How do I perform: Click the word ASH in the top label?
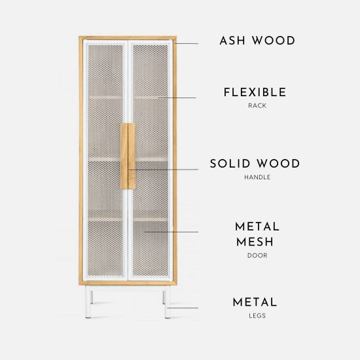click(x=232, y=41)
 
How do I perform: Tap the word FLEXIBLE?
click(x=255, y=92)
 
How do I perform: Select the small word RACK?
click(x=257, y=105)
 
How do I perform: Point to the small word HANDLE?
click(x=257, y=177)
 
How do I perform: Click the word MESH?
click(x=255, y=242)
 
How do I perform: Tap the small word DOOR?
click(x=257, y=255)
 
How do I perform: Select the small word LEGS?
click(x=257, y=315)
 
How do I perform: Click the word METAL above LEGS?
click(x=255, y=302)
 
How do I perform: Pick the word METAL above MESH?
click(x=257, y=226)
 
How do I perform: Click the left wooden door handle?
click(x=124, y=156)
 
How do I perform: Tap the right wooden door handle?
click(x=132, y=156)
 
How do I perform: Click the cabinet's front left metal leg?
click(x=88, y=302)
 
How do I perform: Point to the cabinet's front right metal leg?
click(x=168, y=302)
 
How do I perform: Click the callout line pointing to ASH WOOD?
click(x=186, y=43)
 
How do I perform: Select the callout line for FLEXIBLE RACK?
click(x=177, y=98)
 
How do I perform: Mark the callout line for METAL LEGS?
click(x=183, y=308)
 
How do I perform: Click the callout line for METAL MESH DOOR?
click(x=171, y=232)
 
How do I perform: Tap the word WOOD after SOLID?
click(x=278, y=164)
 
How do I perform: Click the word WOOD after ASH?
click(x=274, y=41)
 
